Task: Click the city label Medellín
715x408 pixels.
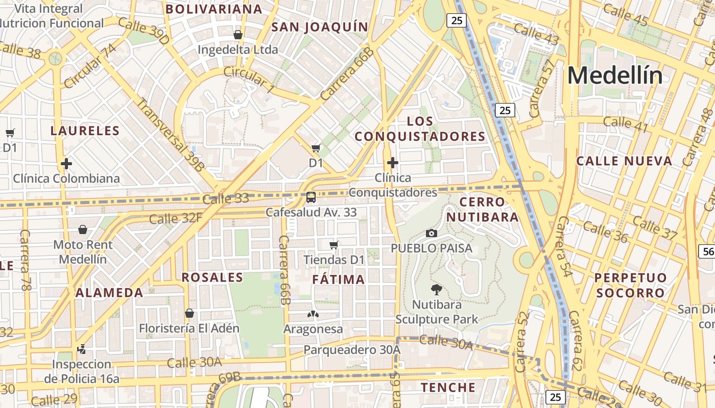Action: [x=615, y=76]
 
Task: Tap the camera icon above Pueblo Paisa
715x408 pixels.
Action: [x=432, y=233]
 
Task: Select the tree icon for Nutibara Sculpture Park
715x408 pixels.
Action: [x=437, y=290]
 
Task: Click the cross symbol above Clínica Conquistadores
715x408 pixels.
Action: [x=393, y=163]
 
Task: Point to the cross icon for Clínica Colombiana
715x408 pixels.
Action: [x=66, y=164]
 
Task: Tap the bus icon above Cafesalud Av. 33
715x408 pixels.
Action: [x=311, y=197]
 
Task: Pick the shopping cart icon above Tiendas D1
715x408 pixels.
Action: [x=334, y=245]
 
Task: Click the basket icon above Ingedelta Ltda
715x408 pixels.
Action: [x=237, y=35]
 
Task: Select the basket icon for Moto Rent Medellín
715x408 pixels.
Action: [x=83, y=230]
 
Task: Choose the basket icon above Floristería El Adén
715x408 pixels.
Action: [x=189, y=313]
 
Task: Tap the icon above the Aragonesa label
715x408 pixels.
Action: [x=313, y=314]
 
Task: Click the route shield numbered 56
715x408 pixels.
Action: [x=708, y=251]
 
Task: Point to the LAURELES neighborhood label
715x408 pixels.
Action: [x=85, y=131]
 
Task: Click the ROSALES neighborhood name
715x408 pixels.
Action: [x=212, y=277]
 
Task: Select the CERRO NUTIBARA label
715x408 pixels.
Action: [x=483, y=210]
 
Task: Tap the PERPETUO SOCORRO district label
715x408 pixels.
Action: [x=631, y=285]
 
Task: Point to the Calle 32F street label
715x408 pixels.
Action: [x=176, y=219]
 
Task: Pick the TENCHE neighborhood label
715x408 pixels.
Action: [x=448, y=387]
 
